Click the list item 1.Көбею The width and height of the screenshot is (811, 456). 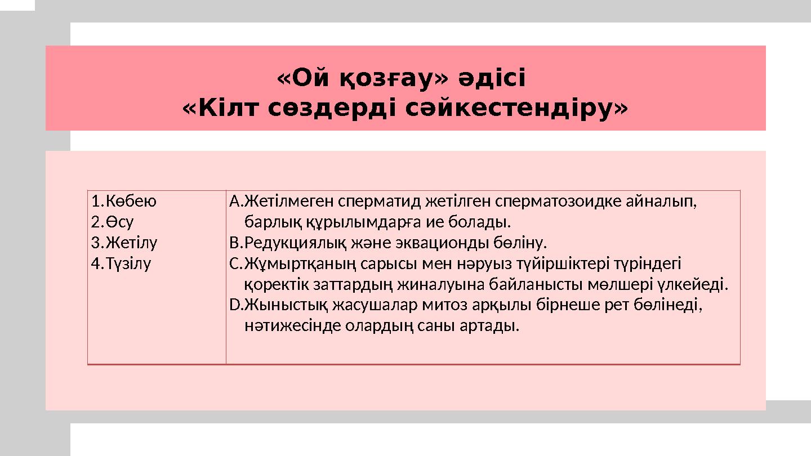124,201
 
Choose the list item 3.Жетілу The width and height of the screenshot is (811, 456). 124,243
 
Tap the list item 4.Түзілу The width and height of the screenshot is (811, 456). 121,263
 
